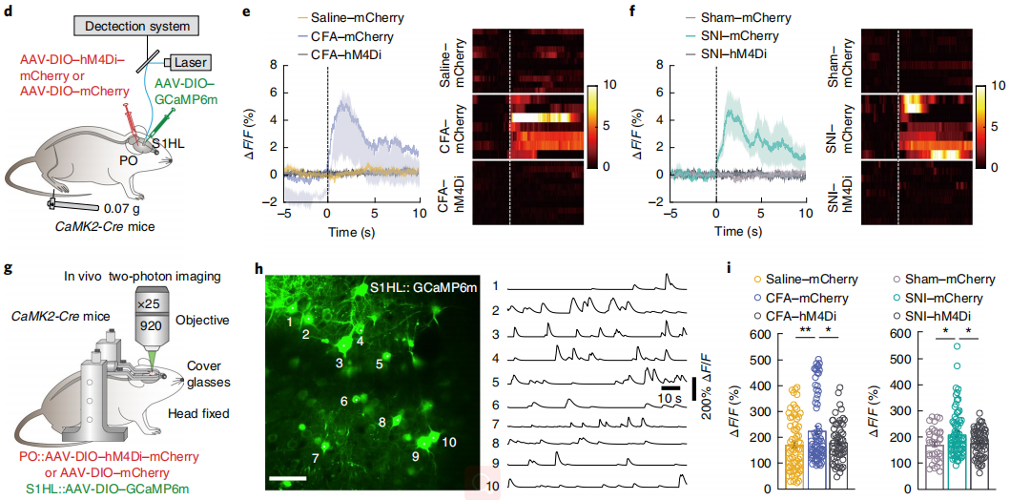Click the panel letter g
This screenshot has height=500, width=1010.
(x=9, y=268)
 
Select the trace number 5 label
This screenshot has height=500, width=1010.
(x=496, y=382)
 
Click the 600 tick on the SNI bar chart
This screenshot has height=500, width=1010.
(x=901, y=334)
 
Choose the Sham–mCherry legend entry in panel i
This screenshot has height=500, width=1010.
(x=954, y=280)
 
